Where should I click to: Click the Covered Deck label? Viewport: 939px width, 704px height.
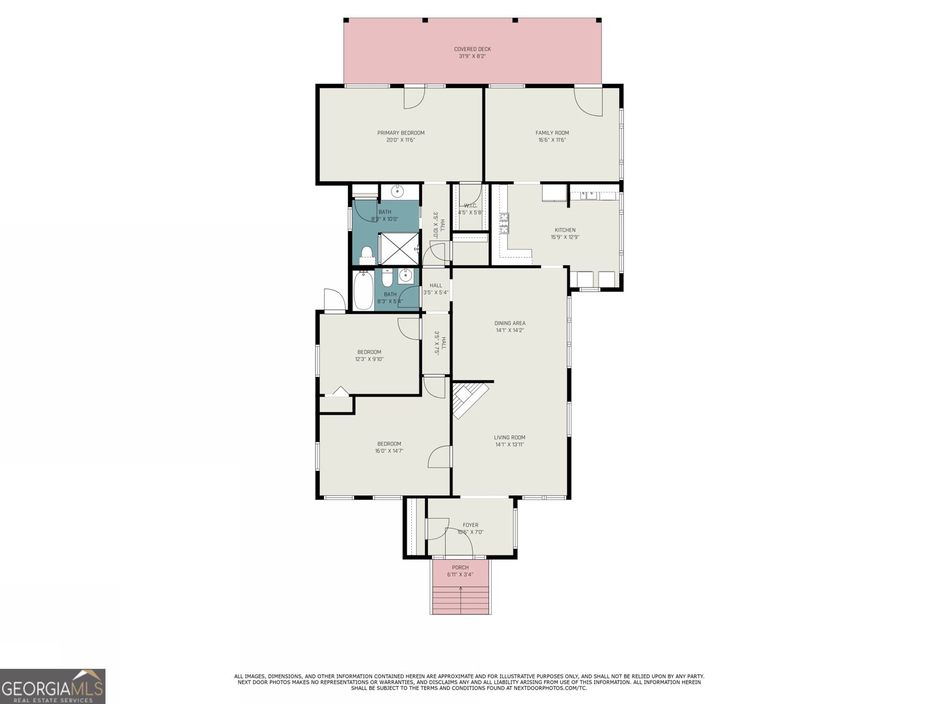coord(472,49)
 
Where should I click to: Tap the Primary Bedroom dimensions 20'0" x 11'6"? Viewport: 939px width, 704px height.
coord(400,140)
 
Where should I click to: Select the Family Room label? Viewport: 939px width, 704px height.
coord(552,133)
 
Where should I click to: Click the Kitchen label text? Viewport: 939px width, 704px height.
coord(565,230)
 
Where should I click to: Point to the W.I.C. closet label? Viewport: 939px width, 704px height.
coord(470,205)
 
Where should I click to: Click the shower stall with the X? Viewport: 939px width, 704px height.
coord(398,249)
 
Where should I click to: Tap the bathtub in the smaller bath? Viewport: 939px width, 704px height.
coord(364,291)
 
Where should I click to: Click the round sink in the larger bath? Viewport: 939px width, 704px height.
coord(397,191)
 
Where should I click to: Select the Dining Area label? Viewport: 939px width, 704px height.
coord(509,323)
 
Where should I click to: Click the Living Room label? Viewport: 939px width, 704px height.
coord(509,437)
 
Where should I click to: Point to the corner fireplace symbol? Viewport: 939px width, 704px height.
coord(469,399)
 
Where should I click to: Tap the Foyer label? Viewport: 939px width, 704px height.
coord(470,525)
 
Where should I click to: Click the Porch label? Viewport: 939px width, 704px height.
coord(460,567)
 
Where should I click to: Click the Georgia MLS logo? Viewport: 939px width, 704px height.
coord(53,686)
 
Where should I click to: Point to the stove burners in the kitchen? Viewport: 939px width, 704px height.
coord(504,221)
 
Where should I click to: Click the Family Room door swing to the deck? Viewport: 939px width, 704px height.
coord(588,101)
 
